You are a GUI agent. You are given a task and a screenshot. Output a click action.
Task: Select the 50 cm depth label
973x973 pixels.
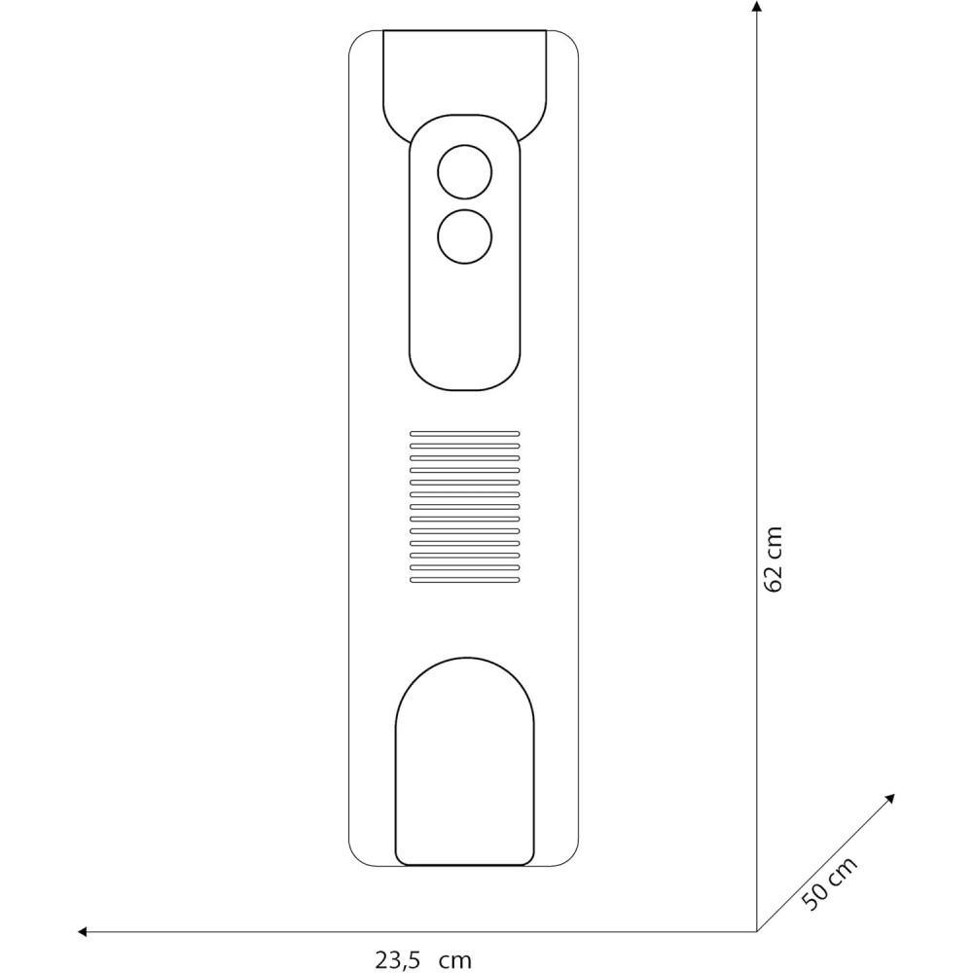[829, 883]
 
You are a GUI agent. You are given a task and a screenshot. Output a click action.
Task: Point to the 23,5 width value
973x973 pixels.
[398, 959]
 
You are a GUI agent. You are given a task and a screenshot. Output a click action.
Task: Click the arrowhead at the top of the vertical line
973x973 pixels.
[756, 7]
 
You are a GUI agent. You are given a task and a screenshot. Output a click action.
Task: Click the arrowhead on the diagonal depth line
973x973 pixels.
[890, 799]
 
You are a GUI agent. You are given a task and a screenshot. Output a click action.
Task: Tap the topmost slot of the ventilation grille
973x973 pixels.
[465, 434]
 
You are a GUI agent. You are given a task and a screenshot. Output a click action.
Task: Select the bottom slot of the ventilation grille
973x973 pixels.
[465, 580]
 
